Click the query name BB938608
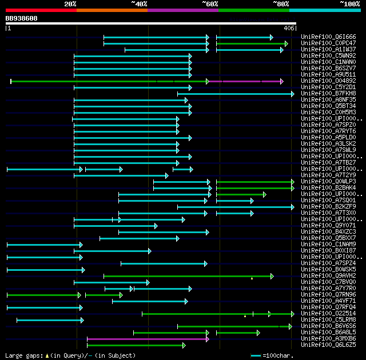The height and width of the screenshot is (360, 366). pos(22,18)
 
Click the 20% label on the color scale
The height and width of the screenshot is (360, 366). pos(70,4)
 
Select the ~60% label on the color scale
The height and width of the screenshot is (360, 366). pos(210,4)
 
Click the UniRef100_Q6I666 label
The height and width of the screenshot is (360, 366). pos(328,37)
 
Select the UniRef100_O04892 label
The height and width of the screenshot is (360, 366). pos(328,81)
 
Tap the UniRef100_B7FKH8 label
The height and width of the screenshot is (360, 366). pos(328,94)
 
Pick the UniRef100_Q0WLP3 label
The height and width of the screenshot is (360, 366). pos(328,182)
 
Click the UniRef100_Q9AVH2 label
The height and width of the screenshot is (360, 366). pos(328,276)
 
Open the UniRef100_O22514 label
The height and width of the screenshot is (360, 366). pos(328,314)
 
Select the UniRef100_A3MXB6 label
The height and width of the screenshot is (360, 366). pos(328,339)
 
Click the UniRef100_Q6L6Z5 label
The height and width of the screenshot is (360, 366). pos(328,345)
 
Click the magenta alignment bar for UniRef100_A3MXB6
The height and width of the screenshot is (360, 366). pos(148,339)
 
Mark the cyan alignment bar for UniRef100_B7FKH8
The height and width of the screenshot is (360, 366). pos(234,94)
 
